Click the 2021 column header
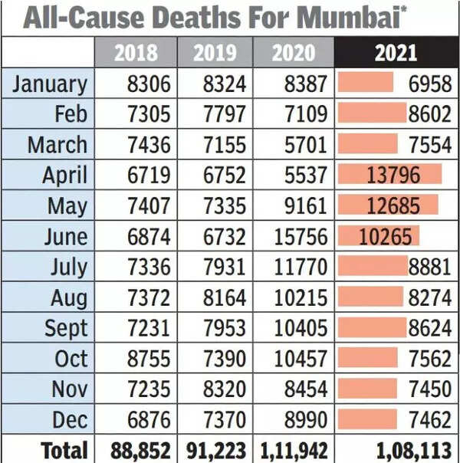tap(396, 52)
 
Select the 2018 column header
tap(136, 52)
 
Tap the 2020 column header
tap(294, 52)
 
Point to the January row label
tap(50, 83)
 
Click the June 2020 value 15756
tap(296, 236)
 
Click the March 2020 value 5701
tap(304, 144)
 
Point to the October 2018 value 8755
tap(149, 359)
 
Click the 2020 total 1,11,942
tap(294, 450)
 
